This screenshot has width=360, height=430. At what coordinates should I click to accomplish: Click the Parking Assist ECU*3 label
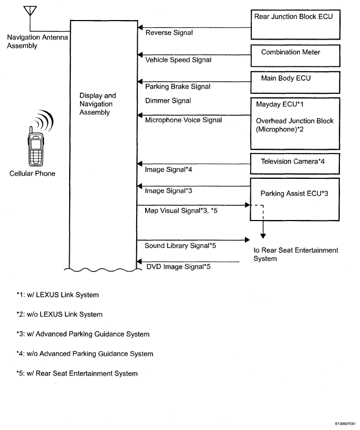294,194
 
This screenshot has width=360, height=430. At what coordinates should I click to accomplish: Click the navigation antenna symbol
30,11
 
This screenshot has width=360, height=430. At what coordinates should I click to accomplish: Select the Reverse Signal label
169,33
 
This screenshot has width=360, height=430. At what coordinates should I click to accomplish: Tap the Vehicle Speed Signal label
178,60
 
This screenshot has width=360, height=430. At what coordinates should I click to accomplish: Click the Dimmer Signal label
168,101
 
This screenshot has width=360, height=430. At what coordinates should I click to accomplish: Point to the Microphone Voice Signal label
183,120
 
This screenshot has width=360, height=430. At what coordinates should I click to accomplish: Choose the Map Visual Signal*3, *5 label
181,211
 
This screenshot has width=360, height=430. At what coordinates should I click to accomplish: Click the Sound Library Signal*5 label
181,246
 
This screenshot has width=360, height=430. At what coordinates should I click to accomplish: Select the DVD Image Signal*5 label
178,267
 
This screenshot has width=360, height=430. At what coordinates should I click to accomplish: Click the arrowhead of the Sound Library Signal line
247,240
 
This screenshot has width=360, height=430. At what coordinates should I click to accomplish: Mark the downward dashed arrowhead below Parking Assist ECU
263,236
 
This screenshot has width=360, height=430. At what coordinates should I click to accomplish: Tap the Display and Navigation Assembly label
98,104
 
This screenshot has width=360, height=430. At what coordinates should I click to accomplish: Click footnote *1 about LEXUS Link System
58,295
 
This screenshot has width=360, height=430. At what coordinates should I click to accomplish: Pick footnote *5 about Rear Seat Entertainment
77,374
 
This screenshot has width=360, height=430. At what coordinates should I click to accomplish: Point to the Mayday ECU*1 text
280,104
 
